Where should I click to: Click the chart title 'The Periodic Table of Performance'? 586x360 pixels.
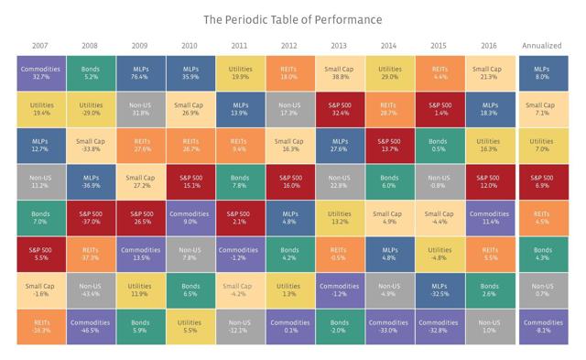[293, 18]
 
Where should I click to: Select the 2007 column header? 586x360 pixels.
[40, 45]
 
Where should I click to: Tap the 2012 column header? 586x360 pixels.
[288, 45]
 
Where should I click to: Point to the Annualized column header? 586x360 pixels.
[542, 45]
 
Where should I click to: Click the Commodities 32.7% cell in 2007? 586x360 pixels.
[40, 72]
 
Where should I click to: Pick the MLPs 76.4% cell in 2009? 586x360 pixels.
[139, 72]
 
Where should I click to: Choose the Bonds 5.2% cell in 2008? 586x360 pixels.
[90, 72]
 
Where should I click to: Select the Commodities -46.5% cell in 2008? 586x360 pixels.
[90, 327]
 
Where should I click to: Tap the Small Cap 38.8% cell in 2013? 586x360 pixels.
[338, 72]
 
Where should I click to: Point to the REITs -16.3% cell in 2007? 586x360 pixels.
[40, 327]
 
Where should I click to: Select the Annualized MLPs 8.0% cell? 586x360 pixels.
[542, 72]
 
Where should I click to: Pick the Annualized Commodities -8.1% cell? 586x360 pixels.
[542, 327]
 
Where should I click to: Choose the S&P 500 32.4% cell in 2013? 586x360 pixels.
[338, 109]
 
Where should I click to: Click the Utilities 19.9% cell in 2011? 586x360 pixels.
[239, 72]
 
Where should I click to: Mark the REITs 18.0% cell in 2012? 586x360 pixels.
[288, 72]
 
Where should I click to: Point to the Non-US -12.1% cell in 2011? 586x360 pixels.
[239, 327]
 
